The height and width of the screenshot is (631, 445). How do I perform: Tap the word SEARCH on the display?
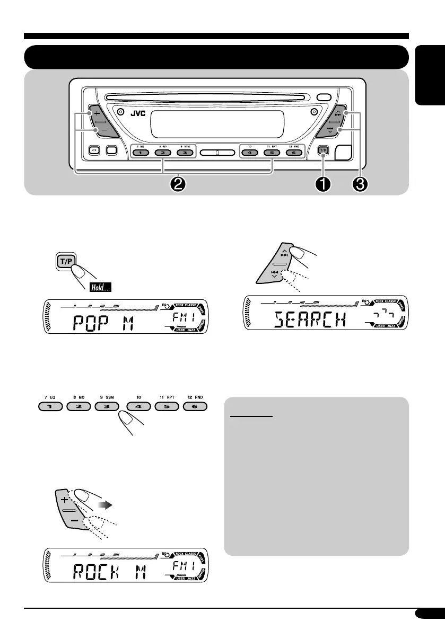(311, 320)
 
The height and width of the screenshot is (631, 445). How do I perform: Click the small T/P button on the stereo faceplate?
(324, 150)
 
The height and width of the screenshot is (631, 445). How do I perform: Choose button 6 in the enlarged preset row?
(196, 407)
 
